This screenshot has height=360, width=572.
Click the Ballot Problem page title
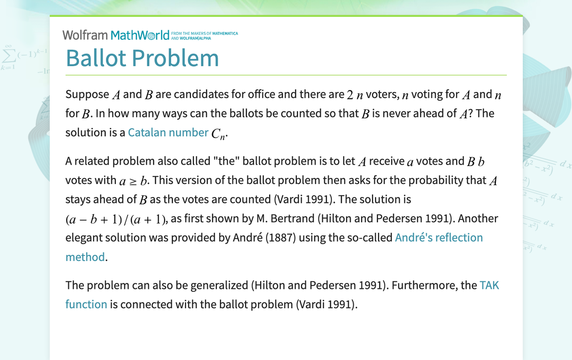(x=142, y=58)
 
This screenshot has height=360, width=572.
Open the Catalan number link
(x=168, y=132)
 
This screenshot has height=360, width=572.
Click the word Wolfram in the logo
(x=85, y=35)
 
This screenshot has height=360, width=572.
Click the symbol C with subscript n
(x=219, y=133)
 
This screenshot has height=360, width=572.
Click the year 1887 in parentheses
(x=282, y=238)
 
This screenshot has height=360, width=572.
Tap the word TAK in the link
(x=489, y=285)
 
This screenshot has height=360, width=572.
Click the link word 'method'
(x=85, y=257)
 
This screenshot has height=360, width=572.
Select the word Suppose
(x=88, y=94)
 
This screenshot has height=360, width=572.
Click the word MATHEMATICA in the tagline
(x=225, y=33)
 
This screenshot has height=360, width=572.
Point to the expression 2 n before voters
(x=355, y=95)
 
